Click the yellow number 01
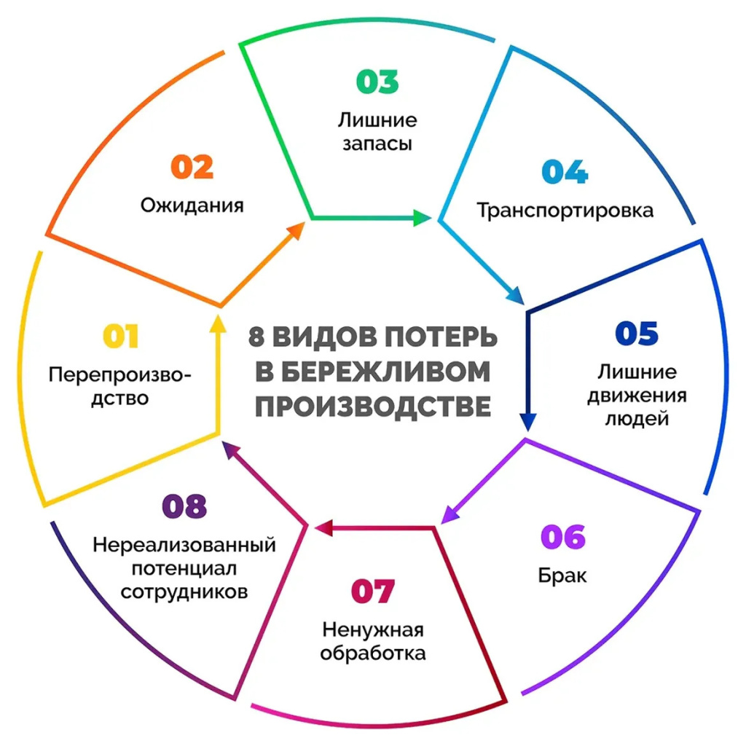point(121,336)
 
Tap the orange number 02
point(192,167)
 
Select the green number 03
point(377,82)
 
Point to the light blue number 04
point(565,171)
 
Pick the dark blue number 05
point(637,332)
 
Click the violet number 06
point(563,537)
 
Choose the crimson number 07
point(372,591)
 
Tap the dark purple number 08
point(184,506)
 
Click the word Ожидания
point(192,205)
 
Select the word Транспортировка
point(565,211)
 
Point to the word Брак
point(562,576)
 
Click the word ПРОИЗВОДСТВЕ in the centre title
point(373,407)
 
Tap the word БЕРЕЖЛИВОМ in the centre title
point(372,372)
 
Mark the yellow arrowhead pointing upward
point(218,323)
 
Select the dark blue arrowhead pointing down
point(528,422)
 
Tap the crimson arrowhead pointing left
point(323,527)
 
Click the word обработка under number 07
point(373,653)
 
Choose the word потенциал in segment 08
point(184,568)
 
